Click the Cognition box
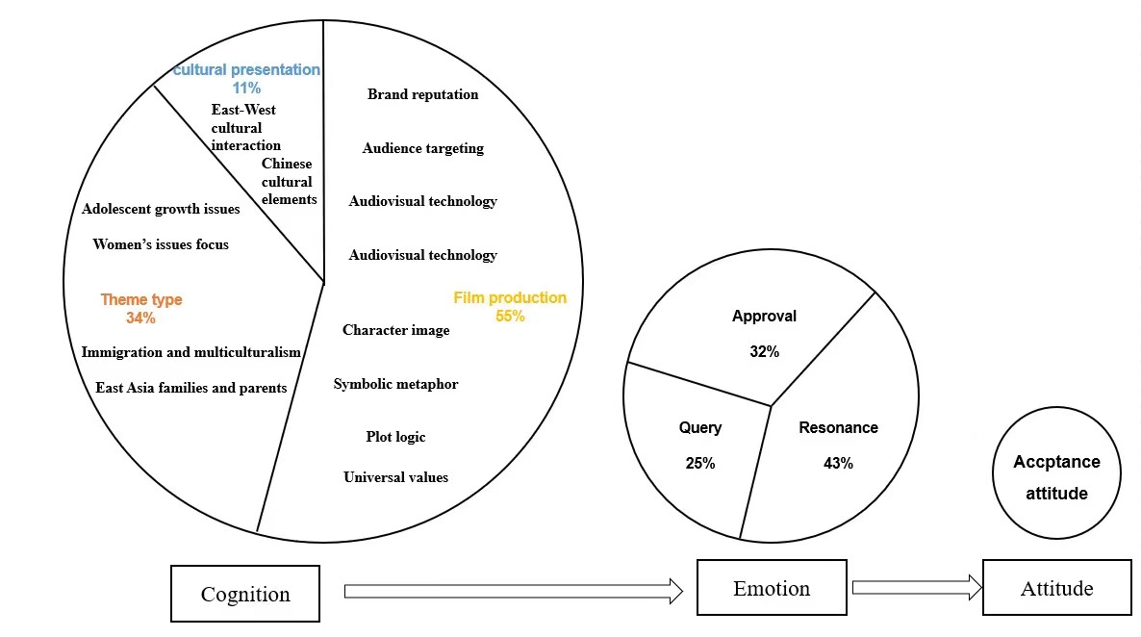245,594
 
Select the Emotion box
772,588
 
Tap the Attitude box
1056,588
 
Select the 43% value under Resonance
838,463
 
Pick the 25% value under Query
700,463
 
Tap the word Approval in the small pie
764,316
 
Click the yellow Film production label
510,298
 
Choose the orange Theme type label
141,300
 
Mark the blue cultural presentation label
246,70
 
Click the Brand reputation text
422,94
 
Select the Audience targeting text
422,148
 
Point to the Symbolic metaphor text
395,384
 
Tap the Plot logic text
395,437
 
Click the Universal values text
395,477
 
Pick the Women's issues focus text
161,244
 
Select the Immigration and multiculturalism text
191,352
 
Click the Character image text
395,330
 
